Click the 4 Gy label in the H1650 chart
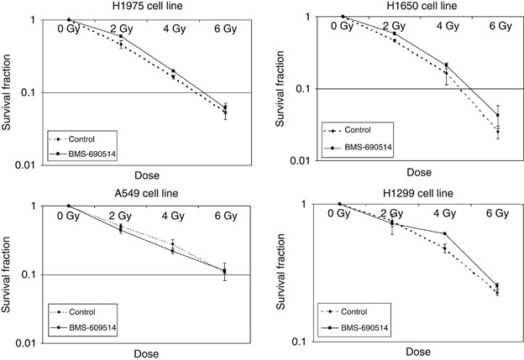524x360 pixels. (x=448, y=26)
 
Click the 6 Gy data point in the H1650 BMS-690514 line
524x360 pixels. (x=497, y=115)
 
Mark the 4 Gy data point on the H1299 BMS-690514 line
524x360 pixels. (x=444, y=233)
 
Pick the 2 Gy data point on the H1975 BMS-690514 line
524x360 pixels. (x=121, y=36)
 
